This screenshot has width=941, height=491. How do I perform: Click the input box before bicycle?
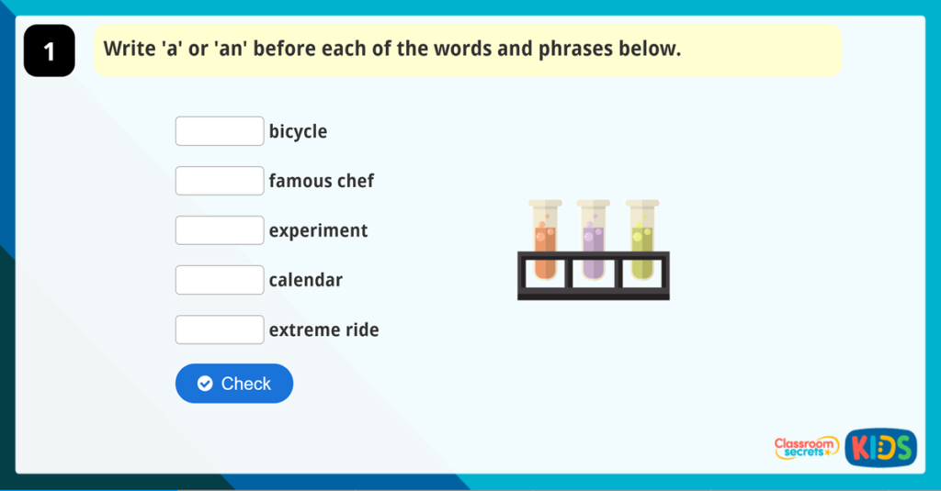click(x=220, y=131)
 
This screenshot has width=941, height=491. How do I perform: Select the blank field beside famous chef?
click(x=220, y=181)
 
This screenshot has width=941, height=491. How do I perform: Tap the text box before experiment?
click(x=220, y=230)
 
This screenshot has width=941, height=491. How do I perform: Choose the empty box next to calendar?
click(x=220, y=280)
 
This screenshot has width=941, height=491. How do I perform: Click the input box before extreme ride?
click(x=220, y=329)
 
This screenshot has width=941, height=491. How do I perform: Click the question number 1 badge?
click(x=50, y=51)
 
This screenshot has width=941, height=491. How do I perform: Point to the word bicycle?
click(x=299, y=131)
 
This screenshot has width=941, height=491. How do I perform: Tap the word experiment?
click(x=318, y=230)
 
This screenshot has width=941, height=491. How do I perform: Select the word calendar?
click(x=305, y=280)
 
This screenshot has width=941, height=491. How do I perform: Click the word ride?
click(x=362, y=329)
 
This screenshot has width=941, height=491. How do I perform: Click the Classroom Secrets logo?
click(x=806, y=448)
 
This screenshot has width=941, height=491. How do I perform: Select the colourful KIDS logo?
click(x=881, y=448)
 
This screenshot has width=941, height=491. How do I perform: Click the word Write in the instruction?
click(x=130, y=49)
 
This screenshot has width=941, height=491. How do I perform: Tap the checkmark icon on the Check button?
click(x=205, y=384)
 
